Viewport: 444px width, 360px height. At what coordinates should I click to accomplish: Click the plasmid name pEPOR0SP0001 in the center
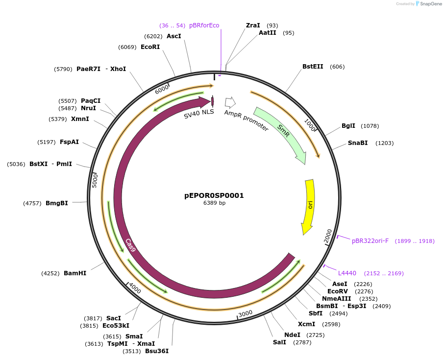coord(214,195)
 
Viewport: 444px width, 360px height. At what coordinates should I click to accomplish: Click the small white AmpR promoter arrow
coord(230,102)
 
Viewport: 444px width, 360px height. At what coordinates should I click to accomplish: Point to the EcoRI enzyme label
coord(150,47)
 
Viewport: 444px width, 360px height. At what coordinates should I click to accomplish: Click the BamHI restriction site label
coord(75,273)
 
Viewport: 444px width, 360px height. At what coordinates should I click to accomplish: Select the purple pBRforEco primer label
coord(204,25)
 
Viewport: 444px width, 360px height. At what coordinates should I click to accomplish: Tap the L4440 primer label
coord(347,273)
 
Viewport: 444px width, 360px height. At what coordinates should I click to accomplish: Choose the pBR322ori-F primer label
coord(370,241)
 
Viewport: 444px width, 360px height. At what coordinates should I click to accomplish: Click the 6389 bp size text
coord(214,203)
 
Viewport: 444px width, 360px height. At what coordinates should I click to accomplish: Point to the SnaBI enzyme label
coord(358,143)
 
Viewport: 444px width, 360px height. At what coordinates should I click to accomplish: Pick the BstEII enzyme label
coord(313,67)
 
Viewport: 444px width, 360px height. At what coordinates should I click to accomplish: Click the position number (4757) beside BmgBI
coord(32,203)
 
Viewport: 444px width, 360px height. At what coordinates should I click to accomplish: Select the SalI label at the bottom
coord(279,342)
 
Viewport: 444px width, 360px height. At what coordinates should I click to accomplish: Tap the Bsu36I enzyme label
coord(157,351)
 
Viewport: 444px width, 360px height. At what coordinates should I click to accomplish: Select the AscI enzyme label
coord(174,36)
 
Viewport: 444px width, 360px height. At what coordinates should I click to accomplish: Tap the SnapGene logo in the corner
coord(425,4)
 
